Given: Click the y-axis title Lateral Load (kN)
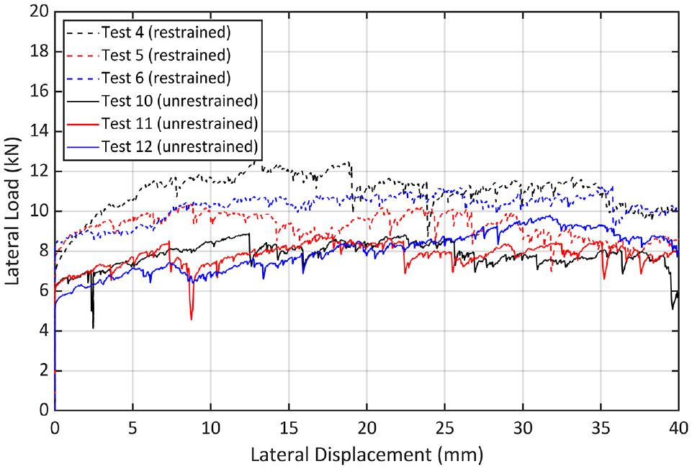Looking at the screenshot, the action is pyautogui.click(x=12, y=210).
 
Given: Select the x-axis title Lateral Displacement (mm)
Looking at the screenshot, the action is pyautogui.click(x=367, y=455).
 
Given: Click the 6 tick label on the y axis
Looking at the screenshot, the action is pyautogui.click(x=44, y=290).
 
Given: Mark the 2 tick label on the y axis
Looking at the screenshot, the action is pyautogui.click(x=44, y=370).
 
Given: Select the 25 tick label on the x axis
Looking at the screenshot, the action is pyautogui.click(x=444, y=428).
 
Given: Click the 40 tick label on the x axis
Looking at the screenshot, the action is pyautogui.click(x=678, y=428).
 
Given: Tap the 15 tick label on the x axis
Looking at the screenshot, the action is pyautogui.click(x=289, y=428).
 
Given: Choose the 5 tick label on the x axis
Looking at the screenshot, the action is pyautogui.click(x=132, y=428).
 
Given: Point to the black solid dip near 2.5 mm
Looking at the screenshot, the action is pyautogui.click(x=93, y=327).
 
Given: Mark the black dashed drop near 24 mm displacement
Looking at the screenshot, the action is pyautogui.click(x=428, y=236).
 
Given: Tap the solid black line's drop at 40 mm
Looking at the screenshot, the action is pyautogui.click(x=673, y=308).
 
